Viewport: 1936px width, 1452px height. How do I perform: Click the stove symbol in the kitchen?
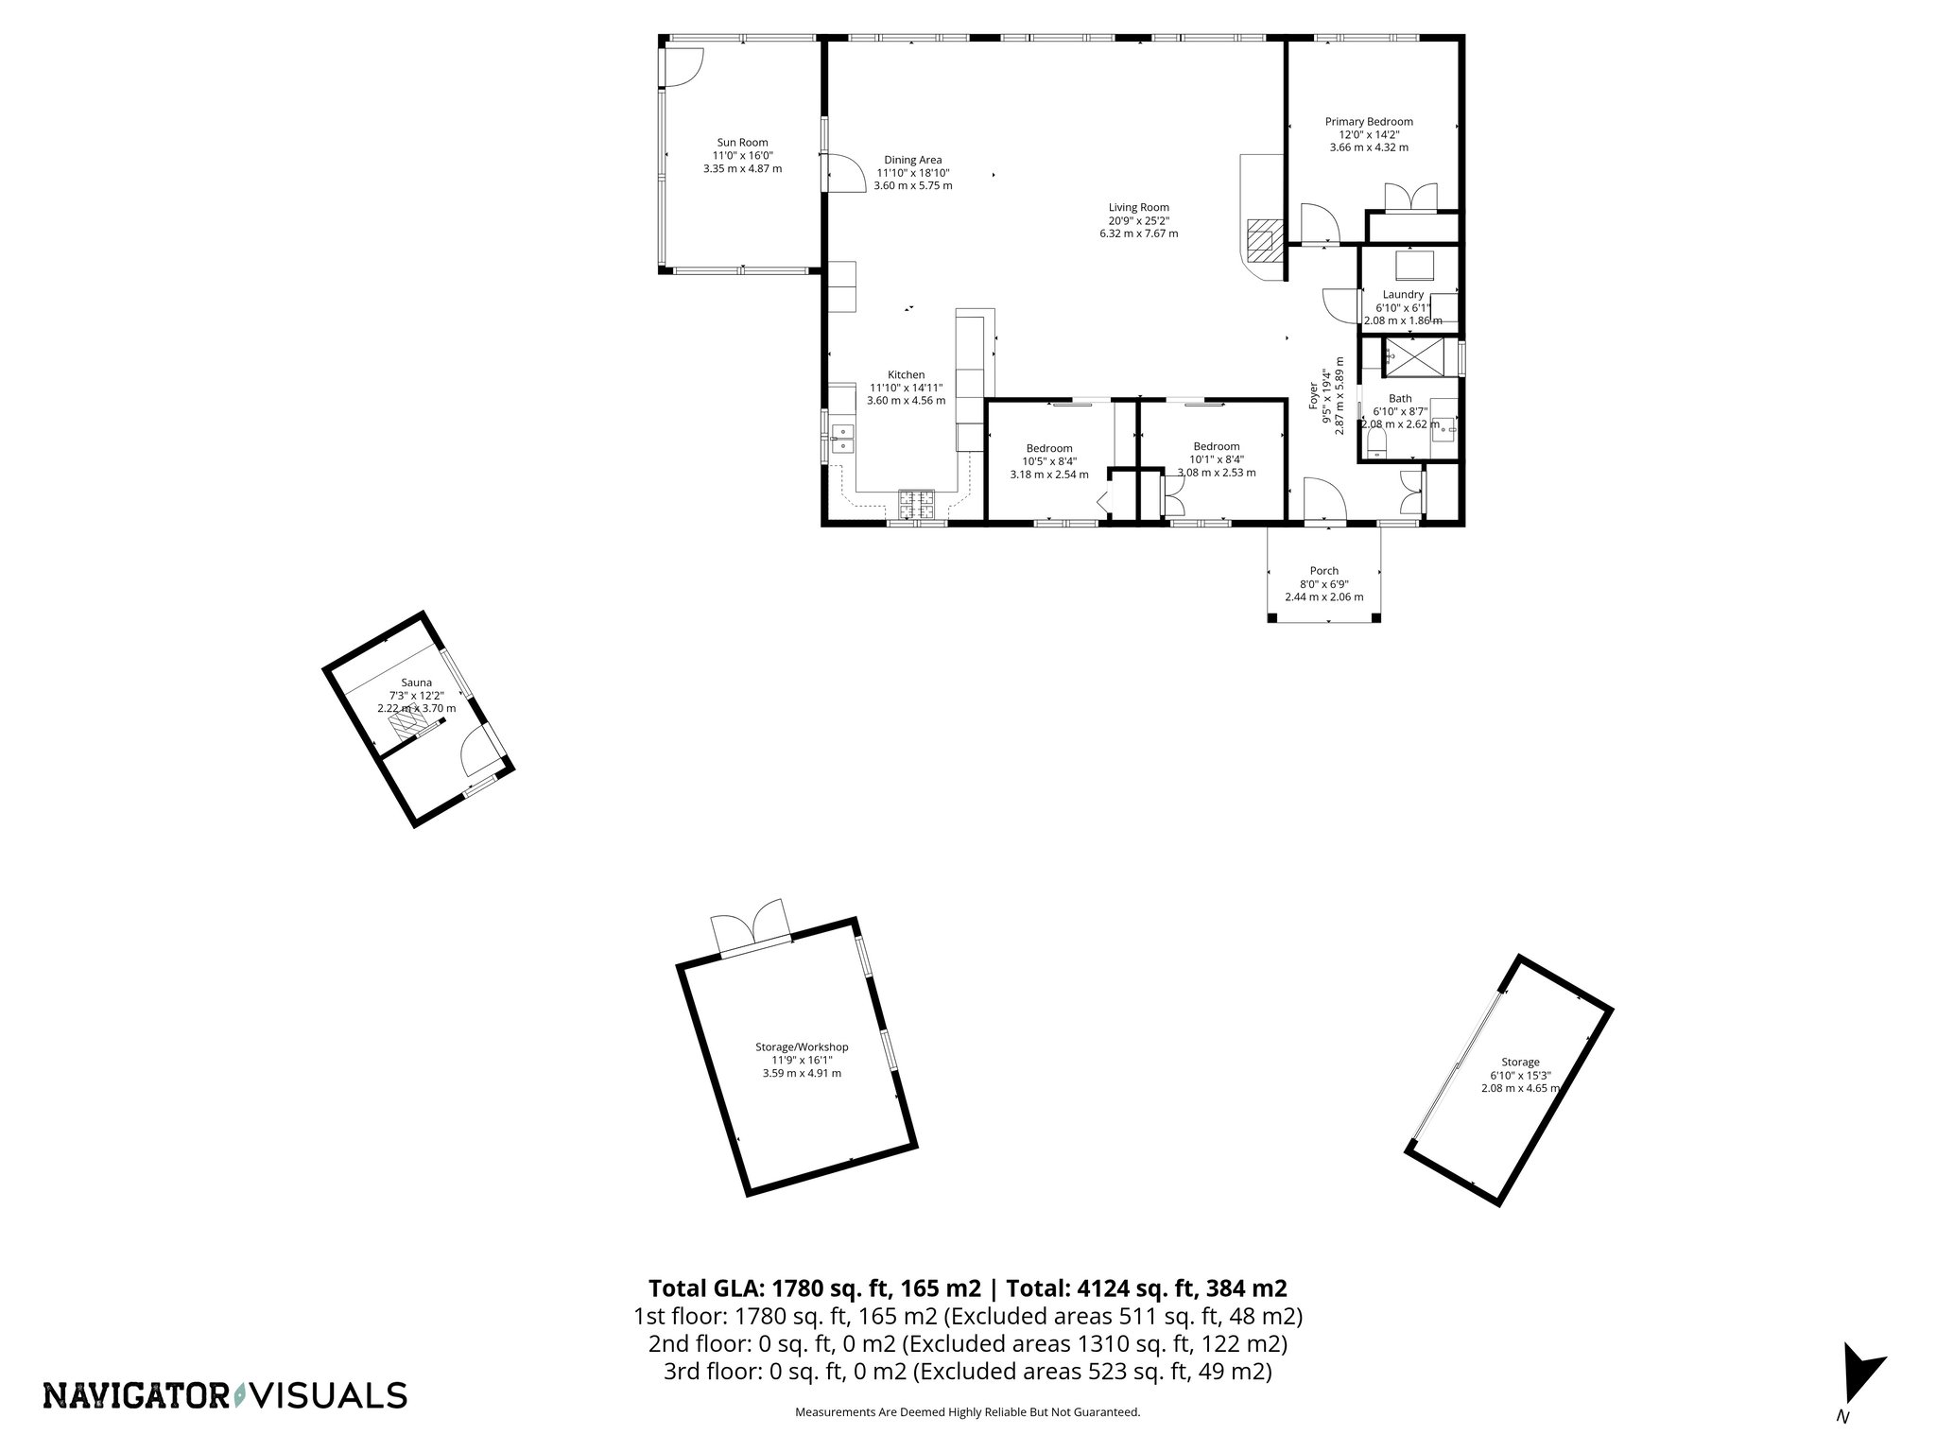[916, 504]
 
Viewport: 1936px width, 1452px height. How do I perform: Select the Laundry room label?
[1403, 295]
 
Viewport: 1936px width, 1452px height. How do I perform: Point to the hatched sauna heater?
[407, 726]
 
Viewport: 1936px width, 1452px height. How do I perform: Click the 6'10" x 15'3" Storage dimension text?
[1520, 1075]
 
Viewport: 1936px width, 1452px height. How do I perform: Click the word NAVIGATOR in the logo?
[136, 1395]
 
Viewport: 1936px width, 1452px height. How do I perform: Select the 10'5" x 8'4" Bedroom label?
[1049, 461]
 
